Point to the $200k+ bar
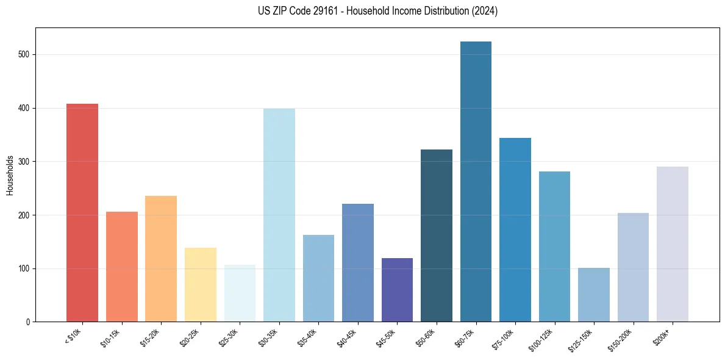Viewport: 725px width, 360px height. [x=672, y=244]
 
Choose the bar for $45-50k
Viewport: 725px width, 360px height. [x=397, y=290]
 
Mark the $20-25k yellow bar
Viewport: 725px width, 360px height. [x=200, y=284]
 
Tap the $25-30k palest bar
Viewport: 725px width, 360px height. [x=240, y=293]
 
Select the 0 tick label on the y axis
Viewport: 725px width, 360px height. [x=28, y=322]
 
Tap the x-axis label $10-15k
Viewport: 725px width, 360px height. [x=110, y=338]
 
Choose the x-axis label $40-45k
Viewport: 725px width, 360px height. [x=346, y=338]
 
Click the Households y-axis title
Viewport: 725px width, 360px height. [x=10, y=175]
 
